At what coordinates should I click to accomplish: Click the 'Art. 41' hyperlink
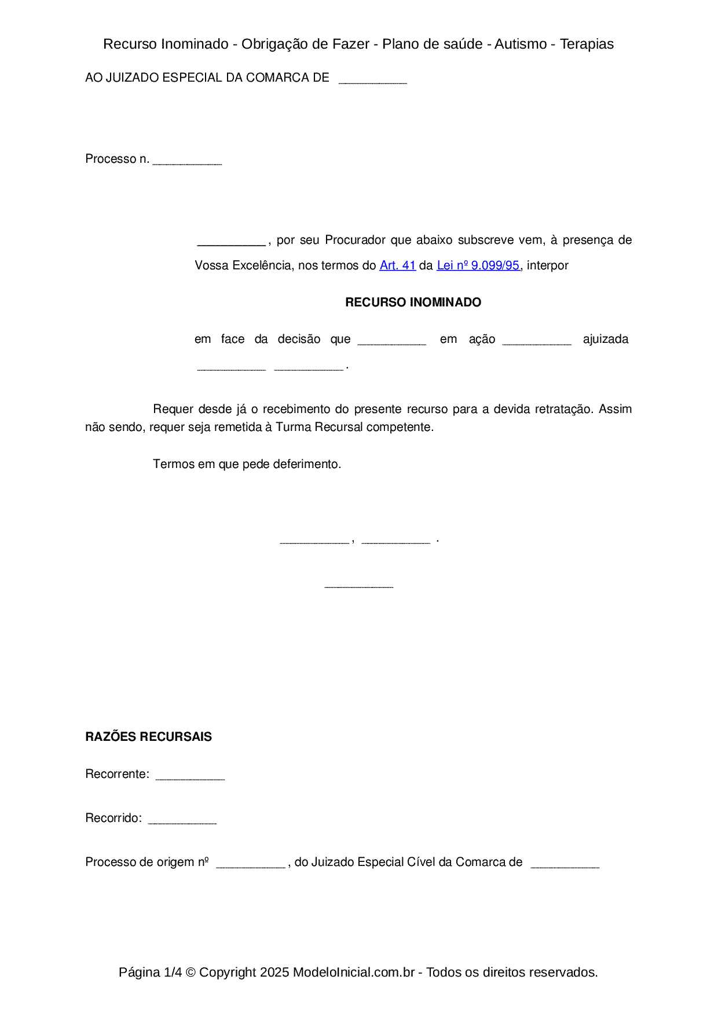[x=398, y=265]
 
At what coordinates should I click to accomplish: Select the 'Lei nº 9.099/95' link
[x=478, y=265]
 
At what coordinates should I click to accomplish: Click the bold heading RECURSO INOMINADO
[x=413, y=302]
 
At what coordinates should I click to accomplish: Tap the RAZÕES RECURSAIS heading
[x=148, y=737]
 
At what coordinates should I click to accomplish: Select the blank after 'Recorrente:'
[x=190, y=776]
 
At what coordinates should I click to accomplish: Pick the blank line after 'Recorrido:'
[x=182, y=820]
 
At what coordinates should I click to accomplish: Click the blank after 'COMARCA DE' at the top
[x=373, y=79]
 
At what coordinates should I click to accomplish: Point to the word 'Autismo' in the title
[x=521, y=44]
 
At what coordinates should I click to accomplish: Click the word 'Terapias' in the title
[x=587, y=44]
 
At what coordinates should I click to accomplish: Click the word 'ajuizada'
[x=606, y=339]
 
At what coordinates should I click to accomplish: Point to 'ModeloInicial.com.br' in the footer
[x=354, y=972]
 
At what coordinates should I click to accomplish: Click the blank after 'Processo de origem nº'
[x=251, y=864]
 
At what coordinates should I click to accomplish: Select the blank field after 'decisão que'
[x=392, y=341]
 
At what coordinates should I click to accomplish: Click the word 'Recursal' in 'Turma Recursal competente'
[x=339, y=427]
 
